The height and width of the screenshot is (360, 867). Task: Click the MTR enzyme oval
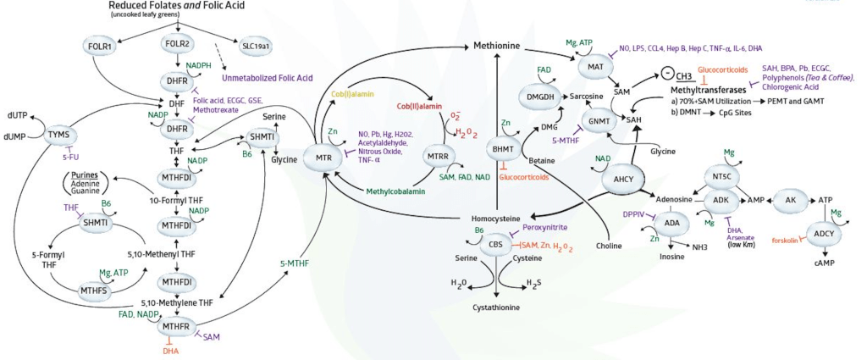[323, 158]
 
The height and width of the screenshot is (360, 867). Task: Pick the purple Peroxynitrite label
[545, 229]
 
